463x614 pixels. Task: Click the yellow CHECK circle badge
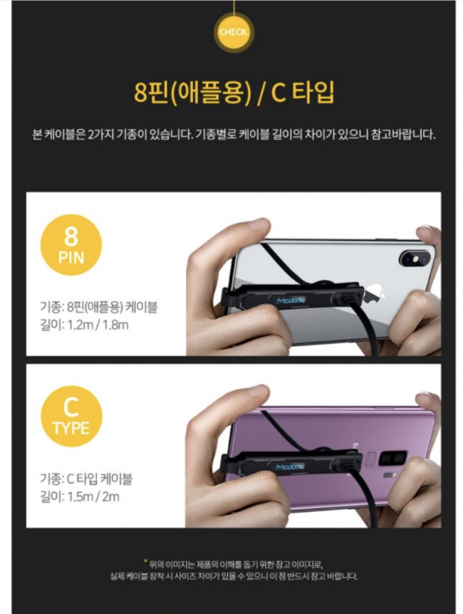point(234,33)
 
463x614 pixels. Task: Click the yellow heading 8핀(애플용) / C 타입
point(234,93)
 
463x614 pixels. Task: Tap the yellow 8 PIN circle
point(72,244)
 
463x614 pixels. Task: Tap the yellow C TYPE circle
point(72,417)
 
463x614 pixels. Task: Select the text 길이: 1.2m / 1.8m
point(84,325)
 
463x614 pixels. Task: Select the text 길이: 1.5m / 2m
point(80,497)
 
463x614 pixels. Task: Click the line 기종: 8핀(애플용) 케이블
point(98,307)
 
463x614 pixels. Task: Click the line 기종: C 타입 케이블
point(86,479)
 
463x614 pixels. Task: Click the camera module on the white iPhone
point(415,258)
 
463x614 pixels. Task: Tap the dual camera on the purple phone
point(393,459)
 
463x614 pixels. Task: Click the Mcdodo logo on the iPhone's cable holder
point(291,300)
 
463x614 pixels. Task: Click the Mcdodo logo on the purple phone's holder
point(290,466)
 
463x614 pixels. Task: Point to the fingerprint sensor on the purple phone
point(370,459)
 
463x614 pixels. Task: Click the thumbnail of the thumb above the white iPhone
point(258,223)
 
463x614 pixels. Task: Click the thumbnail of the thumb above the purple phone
point(258,391)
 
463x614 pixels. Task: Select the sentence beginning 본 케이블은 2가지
point(234,135)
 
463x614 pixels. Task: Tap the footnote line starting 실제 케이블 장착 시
point(234,576)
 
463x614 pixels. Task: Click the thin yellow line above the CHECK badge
point(234,7)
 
